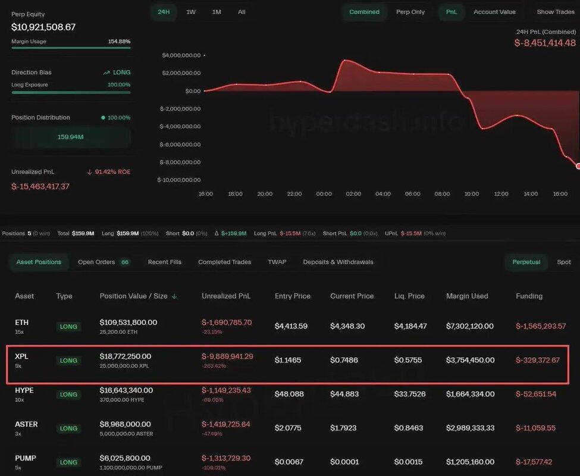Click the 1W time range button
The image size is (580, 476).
191,12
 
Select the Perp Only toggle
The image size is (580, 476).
410,12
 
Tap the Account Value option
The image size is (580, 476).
494,12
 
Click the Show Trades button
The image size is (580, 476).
556,12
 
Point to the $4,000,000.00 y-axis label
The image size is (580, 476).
181,55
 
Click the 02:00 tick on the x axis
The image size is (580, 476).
353,194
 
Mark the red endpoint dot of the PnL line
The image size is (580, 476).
578,166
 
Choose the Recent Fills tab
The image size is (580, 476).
165,262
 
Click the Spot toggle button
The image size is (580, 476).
564,262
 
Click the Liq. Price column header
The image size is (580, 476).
409,296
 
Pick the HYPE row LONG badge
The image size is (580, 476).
68,394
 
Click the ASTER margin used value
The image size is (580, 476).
470,428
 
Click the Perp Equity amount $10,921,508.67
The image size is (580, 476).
43,27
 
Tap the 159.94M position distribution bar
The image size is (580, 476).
71,137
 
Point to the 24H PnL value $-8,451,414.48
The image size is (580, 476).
545,43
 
